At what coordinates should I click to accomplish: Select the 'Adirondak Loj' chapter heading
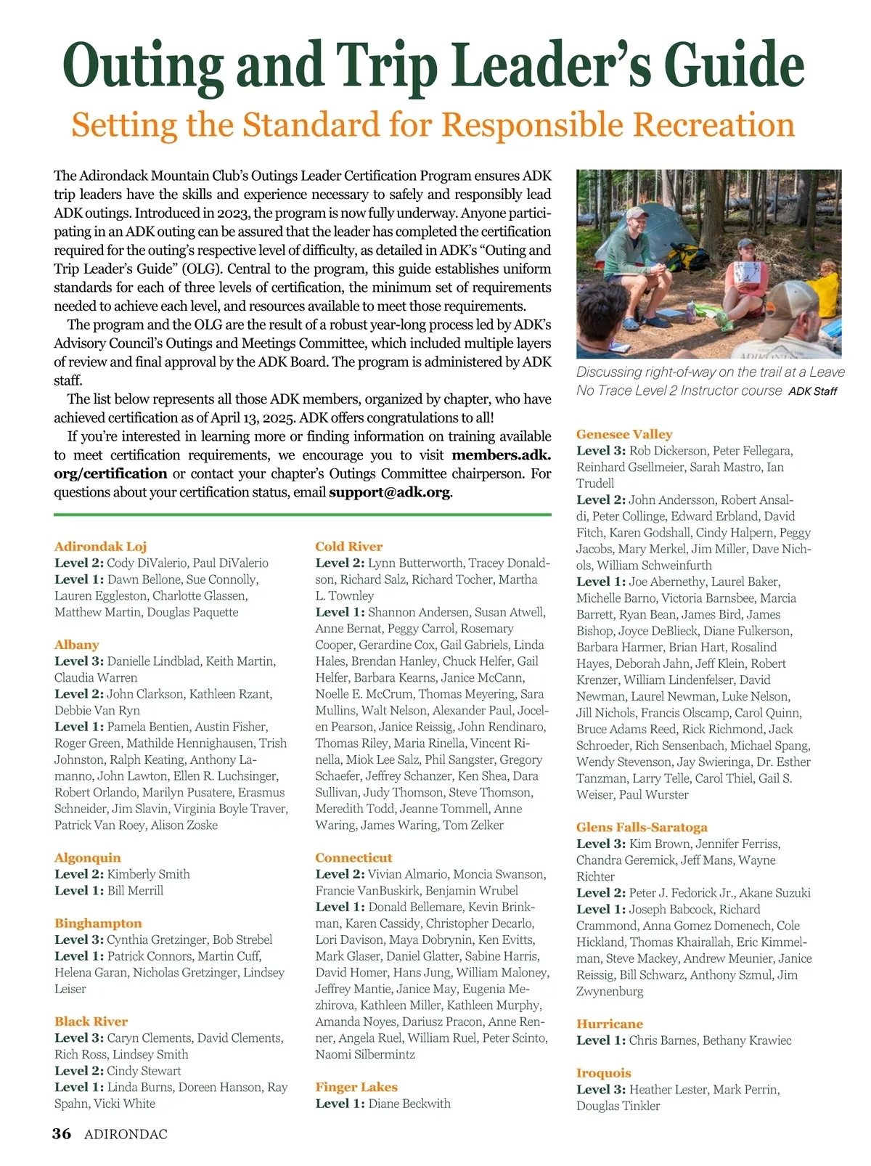coord(100,546)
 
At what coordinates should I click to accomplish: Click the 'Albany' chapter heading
coord(76,645)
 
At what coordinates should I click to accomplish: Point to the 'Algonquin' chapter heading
coord(88,857)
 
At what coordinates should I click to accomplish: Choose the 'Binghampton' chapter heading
coord(98,923)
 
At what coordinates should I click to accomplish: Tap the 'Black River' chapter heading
coord(91,1022)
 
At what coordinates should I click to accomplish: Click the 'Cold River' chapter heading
coord(348,546)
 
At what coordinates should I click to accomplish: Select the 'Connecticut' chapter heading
coord(353,857)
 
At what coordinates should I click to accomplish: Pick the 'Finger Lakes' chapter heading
coord(356,1087)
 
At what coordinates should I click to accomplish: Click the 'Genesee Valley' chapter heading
coord(624,434)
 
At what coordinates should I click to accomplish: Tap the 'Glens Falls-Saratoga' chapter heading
coord(642,827)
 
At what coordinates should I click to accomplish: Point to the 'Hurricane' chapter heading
coord(610,1024)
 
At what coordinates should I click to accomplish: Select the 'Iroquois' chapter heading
coord(604,1073)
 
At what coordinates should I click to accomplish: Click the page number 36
coord(62,1134)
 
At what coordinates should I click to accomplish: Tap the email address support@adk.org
coord(390,492)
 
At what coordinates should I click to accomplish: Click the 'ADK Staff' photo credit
coord(812,391)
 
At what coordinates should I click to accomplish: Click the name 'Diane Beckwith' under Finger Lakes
coord(409,1104)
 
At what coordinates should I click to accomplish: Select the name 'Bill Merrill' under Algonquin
coord(135,890)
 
